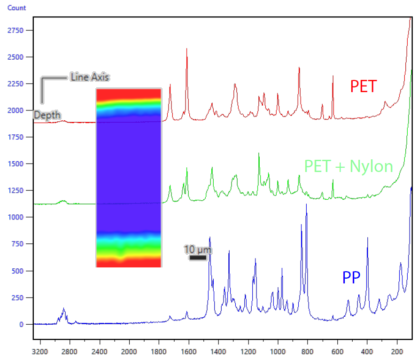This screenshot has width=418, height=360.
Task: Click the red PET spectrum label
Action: click(364, 86)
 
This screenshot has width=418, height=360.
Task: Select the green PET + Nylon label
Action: click(348, 166)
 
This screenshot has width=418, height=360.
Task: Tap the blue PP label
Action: click(351, 278)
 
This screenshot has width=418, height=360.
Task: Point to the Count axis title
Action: click(17, 8)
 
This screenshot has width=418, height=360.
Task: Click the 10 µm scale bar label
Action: click(198, 249)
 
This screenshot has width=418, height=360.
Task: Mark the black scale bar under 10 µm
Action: click(198, 258)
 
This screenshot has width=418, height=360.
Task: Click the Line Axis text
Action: click(90, 77)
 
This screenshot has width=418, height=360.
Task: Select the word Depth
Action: click(47, 115)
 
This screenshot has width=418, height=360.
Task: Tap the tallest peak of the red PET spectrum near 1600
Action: click(187, 49)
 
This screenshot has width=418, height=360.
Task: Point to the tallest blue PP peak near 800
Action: click(306, 205)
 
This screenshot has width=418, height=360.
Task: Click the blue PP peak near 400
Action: click(367, 238)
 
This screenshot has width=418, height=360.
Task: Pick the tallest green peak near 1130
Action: click(259, 154)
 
